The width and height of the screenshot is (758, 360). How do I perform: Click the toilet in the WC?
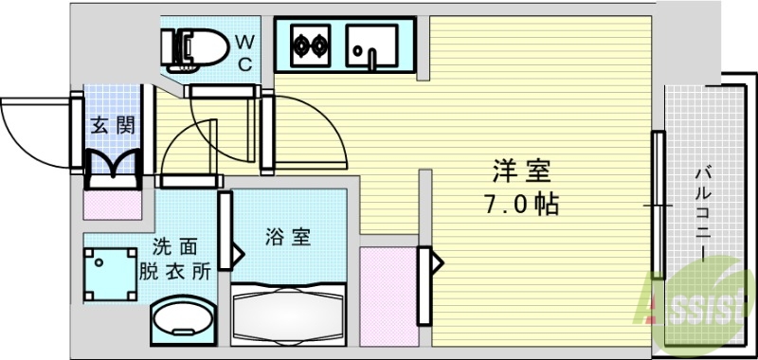click(194, 47)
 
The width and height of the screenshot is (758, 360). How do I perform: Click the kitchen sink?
click(374, 44)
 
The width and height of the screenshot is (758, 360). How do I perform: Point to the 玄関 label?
click(113, 124)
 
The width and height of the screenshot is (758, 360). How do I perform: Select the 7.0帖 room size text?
click(519, 204)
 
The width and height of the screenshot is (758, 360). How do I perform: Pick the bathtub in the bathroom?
click(289, 313)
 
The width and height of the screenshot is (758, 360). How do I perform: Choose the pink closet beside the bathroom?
click(386, 288)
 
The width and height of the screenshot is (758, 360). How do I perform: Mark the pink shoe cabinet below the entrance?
click(113, 202)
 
